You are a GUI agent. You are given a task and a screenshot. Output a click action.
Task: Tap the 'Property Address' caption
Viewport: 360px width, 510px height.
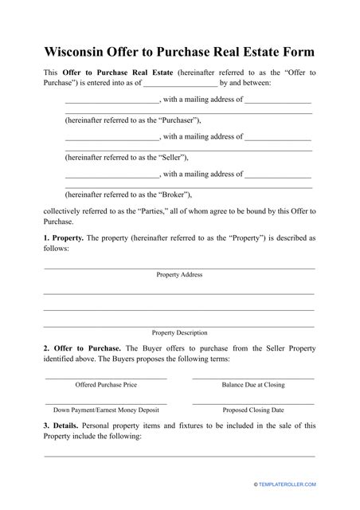[x=179, y=275]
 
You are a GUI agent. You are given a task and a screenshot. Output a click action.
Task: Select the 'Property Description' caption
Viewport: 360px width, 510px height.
[x=179, y=332]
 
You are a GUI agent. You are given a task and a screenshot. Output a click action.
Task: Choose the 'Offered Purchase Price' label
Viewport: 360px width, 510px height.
[x=106, y=385]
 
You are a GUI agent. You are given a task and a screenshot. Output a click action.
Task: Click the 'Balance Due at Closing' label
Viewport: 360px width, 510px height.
[x=253, y=385]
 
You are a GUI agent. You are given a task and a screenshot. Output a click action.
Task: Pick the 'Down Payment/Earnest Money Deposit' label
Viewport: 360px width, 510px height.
[x=106, y=410]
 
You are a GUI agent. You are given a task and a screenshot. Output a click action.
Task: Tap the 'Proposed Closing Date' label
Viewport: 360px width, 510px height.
[x=253, y=410]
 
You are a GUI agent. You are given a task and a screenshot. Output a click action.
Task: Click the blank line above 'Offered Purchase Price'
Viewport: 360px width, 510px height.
[x=106, y=378]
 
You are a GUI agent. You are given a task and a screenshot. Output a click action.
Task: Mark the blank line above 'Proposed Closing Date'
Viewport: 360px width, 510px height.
[x=253, y=403]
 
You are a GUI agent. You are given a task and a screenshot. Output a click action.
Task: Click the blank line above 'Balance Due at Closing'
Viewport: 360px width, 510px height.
[x=253, y=378]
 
